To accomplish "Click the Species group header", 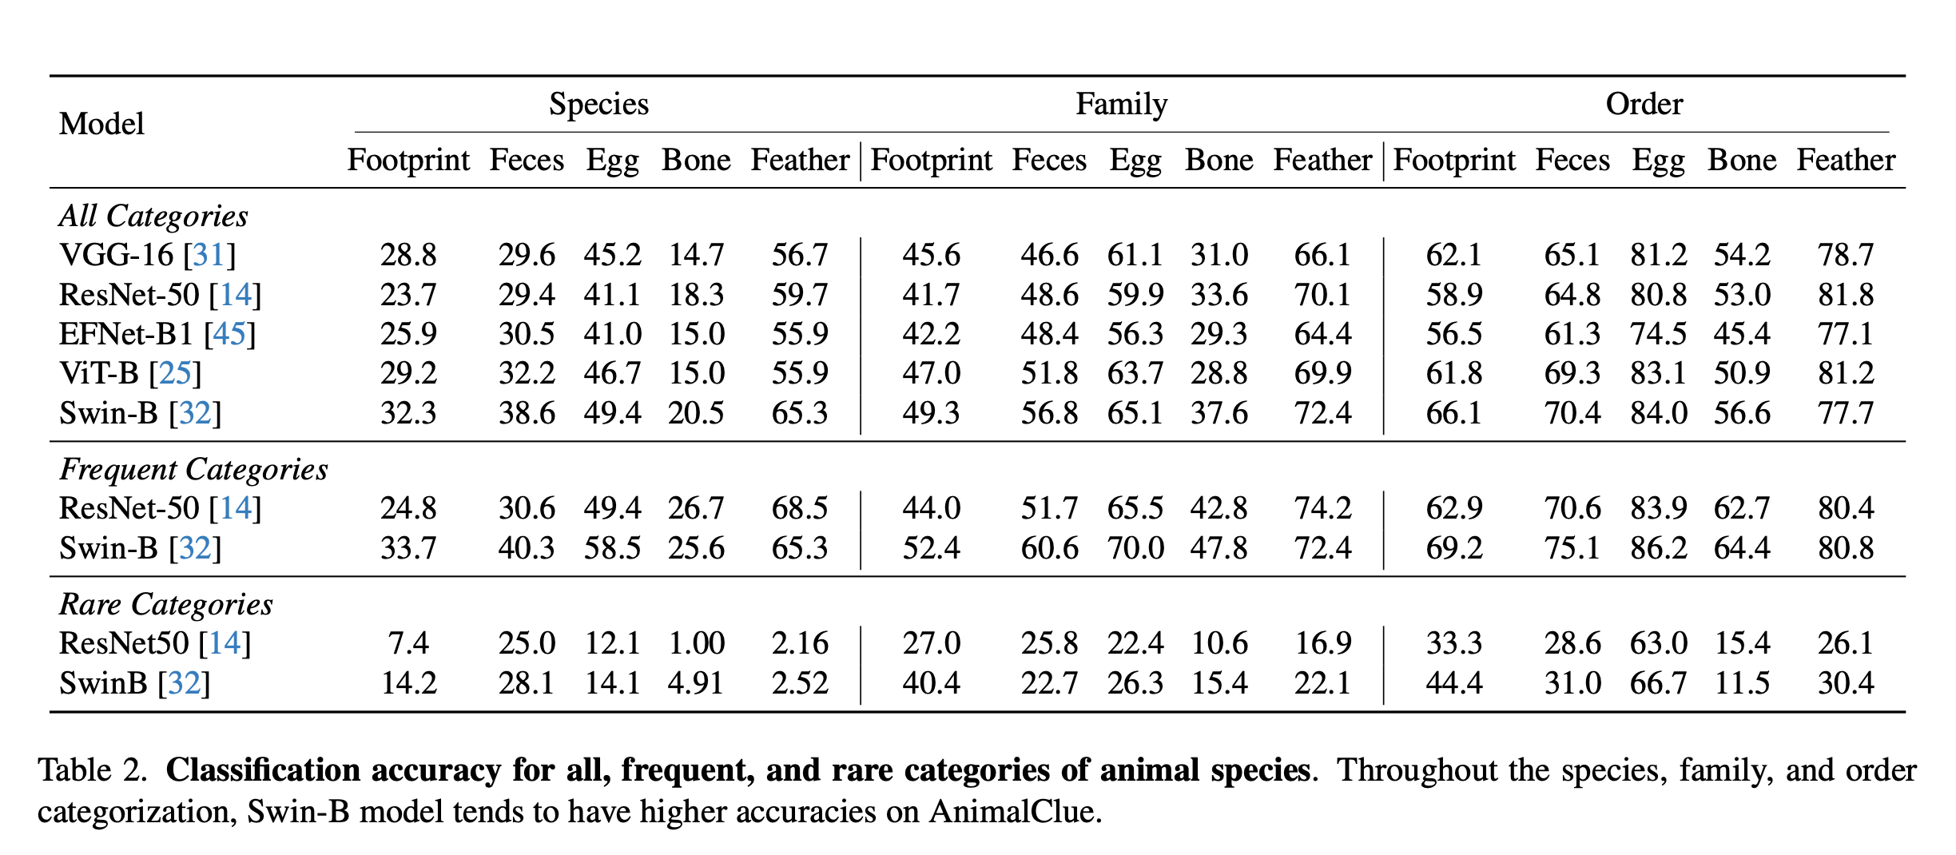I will [x=598, y=105].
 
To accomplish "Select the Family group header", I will [x=1121, y=105].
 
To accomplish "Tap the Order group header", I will [x=1644, y=105].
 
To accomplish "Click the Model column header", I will [x=101, y=125].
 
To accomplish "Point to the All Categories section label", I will [x=153, y=217].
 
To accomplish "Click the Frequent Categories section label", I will [x=193, y=470].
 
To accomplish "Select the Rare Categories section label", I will [x=166, y=605].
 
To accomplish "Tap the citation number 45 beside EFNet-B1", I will [x=229, y=334].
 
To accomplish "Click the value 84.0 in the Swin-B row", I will [x=1658, y=414].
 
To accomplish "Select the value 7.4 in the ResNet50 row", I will [x=408, y=644].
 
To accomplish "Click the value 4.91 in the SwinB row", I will [x=695, y=684].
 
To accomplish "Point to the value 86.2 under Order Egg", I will [x=1658, y=549].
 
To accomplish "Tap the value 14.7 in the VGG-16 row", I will [x=695, y=256].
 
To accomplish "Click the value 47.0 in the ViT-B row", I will [x=931, y=374].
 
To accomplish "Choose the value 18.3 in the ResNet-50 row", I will [x=695, y=296].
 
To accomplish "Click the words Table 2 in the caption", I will [x=91, y=771].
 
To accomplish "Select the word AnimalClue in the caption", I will [x=1012, y=813].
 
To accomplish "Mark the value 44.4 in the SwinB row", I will [x=1453, y=684].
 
